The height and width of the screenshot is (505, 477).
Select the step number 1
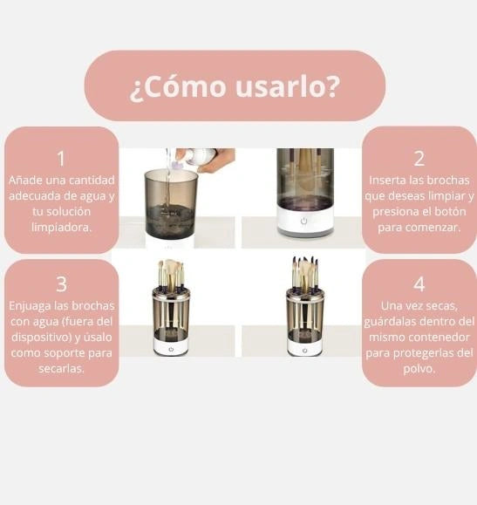tap(61, 159)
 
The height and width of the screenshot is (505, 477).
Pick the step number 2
tap(419, 159)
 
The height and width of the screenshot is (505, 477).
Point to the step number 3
tap(61, 284)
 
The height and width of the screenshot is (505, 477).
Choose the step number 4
tap(419, 284)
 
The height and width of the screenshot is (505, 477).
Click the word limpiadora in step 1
tap(60, 227)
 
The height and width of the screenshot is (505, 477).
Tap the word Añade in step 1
tap(25, 180)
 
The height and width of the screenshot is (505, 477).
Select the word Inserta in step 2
tap(391, 180)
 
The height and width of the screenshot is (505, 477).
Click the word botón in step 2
tap(450, 211)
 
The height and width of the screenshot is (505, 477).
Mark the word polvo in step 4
tap(418, 368)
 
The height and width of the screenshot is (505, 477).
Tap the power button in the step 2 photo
tap(304, 222)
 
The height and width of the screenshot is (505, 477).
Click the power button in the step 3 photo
tap(172, 348)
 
